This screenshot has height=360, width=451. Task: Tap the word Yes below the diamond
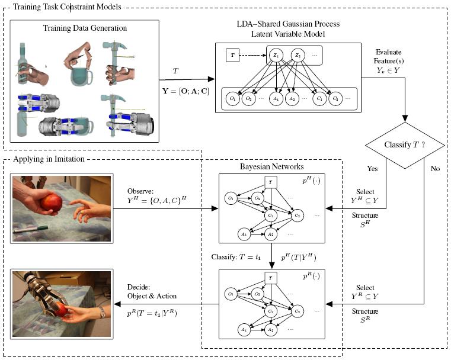pyautogui.click(x=372, y=168)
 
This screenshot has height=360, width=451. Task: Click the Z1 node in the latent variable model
pyautogui.click(x=276, y=56)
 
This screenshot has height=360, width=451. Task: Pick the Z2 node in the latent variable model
pyautogui.click(x=298, y=56)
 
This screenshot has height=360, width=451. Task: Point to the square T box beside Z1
pyautogui.click(x=233, y=56)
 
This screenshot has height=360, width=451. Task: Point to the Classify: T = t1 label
pyautogui.click(x=236, y=257)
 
